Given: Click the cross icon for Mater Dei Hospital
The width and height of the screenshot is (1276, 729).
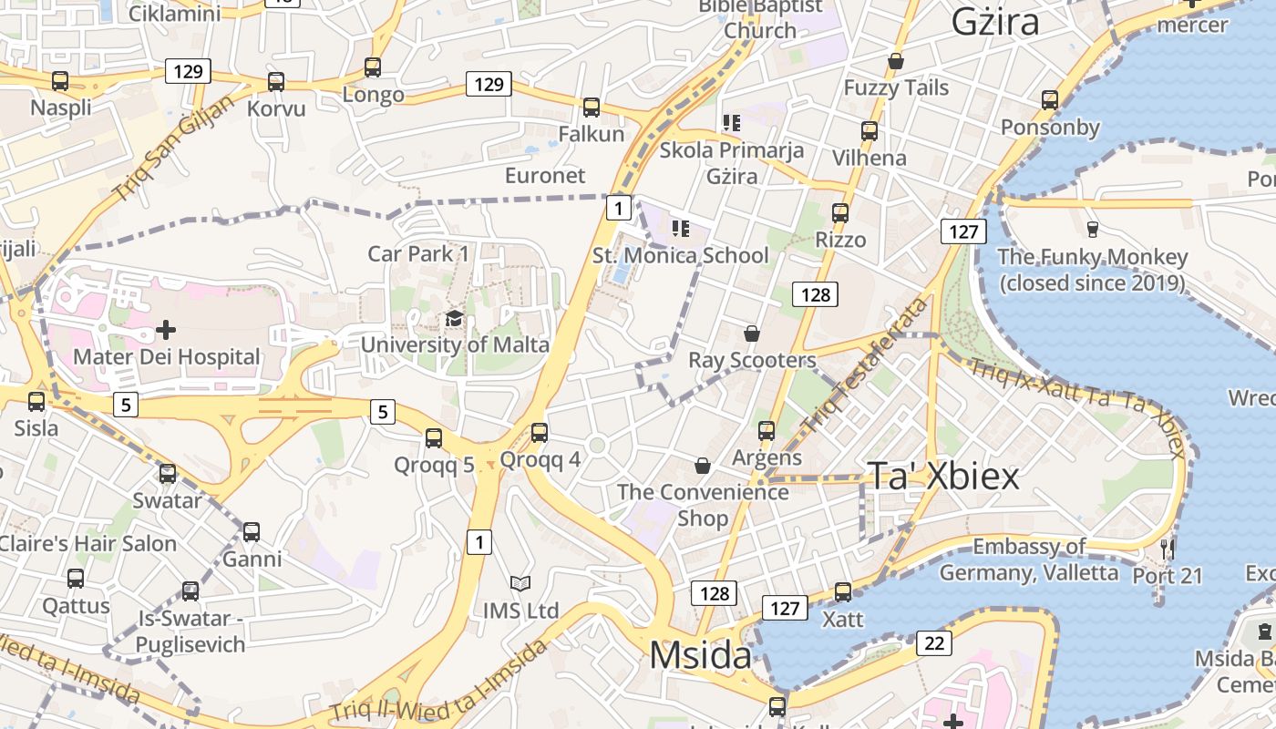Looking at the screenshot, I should click(166, 329).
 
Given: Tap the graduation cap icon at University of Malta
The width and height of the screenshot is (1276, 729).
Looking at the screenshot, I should click(454, 319).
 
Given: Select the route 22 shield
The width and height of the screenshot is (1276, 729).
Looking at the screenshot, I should click(933, 643).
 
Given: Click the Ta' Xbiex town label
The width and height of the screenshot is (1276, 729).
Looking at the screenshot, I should click(942, 476).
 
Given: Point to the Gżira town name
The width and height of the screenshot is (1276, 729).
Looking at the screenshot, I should click(994, 22).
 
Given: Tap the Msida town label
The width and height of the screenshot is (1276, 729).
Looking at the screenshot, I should click(700, 655).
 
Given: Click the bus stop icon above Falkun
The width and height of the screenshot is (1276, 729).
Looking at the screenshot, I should click(592, 108).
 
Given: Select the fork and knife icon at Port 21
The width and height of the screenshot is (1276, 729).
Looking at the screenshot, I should click(1168, 549).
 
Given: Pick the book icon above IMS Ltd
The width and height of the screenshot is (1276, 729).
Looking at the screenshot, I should click(520, 583).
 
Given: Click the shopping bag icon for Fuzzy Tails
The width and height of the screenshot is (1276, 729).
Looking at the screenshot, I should click(896, 61).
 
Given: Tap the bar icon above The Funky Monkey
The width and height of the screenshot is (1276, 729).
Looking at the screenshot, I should click(1093, 229).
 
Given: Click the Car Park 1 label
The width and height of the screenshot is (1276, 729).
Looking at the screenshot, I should click(418, 253).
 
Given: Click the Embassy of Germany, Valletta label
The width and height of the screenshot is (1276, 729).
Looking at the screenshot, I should click(1029, 560).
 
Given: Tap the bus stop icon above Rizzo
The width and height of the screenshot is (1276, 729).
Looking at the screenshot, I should click(840, 213).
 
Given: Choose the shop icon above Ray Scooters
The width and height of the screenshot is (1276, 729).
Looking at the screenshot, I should click(752, 334).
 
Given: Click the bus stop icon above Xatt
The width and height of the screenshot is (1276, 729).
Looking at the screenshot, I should click(843, 592).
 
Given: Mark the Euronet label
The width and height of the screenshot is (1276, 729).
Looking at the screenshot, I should click(545, 175).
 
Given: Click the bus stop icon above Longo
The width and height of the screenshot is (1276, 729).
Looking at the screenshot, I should click(373, 67).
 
